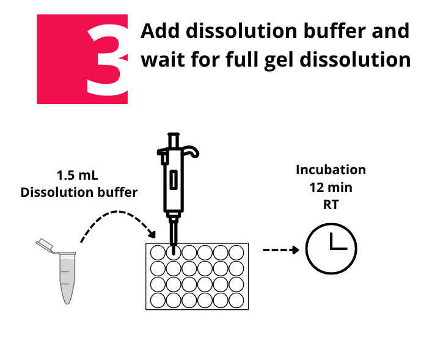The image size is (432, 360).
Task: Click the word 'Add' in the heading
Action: pyautogui.click(x=160, y=31)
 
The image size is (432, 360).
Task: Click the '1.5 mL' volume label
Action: pyautogui.click(x=77, y=175)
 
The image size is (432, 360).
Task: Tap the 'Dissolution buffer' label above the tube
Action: pyautogui.click(x=79, y=192)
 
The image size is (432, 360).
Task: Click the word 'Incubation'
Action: pyautogui.click(x=331, y=169)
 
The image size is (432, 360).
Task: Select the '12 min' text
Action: pyautogui.click(x=331, y=188)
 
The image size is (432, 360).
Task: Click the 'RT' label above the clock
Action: pyautogui.click(x=331, y=205)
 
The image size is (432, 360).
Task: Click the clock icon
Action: pyautogui.click(x=331, y=249)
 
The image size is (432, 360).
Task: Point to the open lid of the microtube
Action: pyautogui.click(x=45, y=244)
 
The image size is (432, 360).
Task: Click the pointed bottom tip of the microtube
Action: pyautogui.click(x=67, y=303)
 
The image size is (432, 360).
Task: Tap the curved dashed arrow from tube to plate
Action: pyautogui.click(x=119, y=211)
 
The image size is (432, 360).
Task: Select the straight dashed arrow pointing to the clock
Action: pyautogui.click(x=280, y=250)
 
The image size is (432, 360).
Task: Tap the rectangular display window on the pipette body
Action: pyautogui.click(x=174, y=180)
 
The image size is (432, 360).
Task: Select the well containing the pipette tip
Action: pyautogui.click(x=174, y=253)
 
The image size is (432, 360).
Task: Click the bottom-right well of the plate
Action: pyautogui.click(x=236, y=300)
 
